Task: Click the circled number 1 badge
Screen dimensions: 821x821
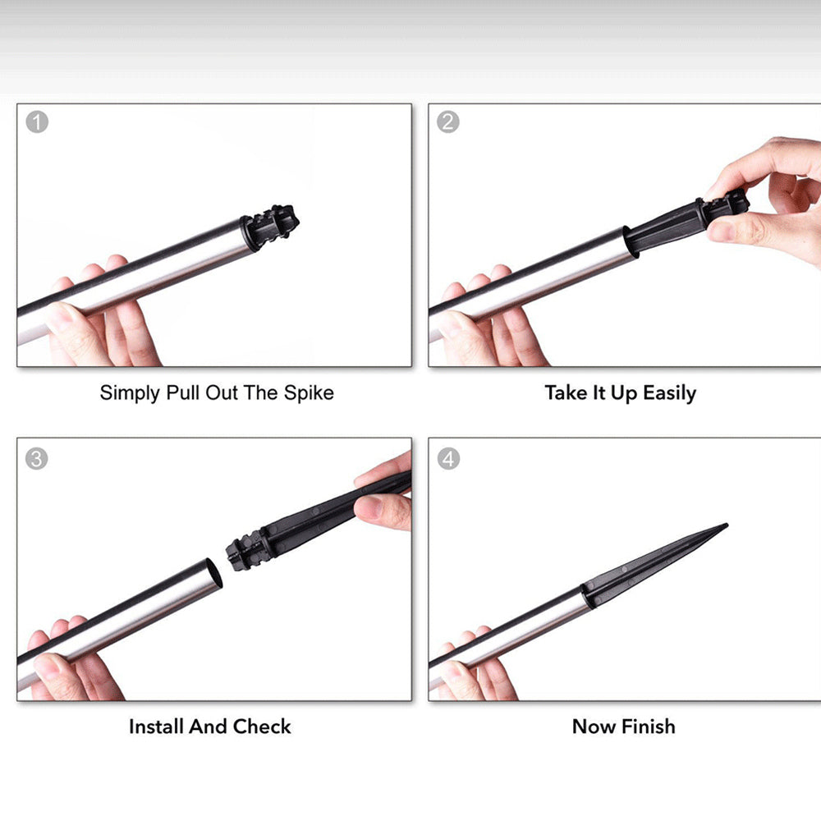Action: point(37,122)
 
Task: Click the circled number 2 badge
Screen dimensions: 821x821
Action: point(448,122)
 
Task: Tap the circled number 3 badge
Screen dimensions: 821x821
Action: point(37,459)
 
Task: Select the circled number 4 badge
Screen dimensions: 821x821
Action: point(449,459)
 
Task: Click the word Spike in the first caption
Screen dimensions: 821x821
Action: point(309,393)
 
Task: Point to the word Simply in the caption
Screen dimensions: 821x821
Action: point(130,393)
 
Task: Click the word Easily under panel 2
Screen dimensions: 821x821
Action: point(670,393)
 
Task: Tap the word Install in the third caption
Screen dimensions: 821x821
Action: point(157,727)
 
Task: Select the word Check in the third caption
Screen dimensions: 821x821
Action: point(262,727)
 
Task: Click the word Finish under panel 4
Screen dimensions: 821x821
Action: point(649,727)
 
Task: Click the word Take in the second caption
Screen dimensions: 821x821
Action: point(566,393)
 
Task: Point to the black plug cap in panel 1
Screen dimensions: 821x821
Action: point(269,227)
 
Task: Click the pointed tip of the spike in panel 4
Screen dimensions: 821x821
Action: point(727,524)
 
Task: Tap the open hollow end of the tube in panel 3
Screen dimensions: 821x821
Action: point(213,573)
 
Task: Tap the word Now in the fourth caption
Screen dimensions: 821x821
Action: point(594,727)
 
